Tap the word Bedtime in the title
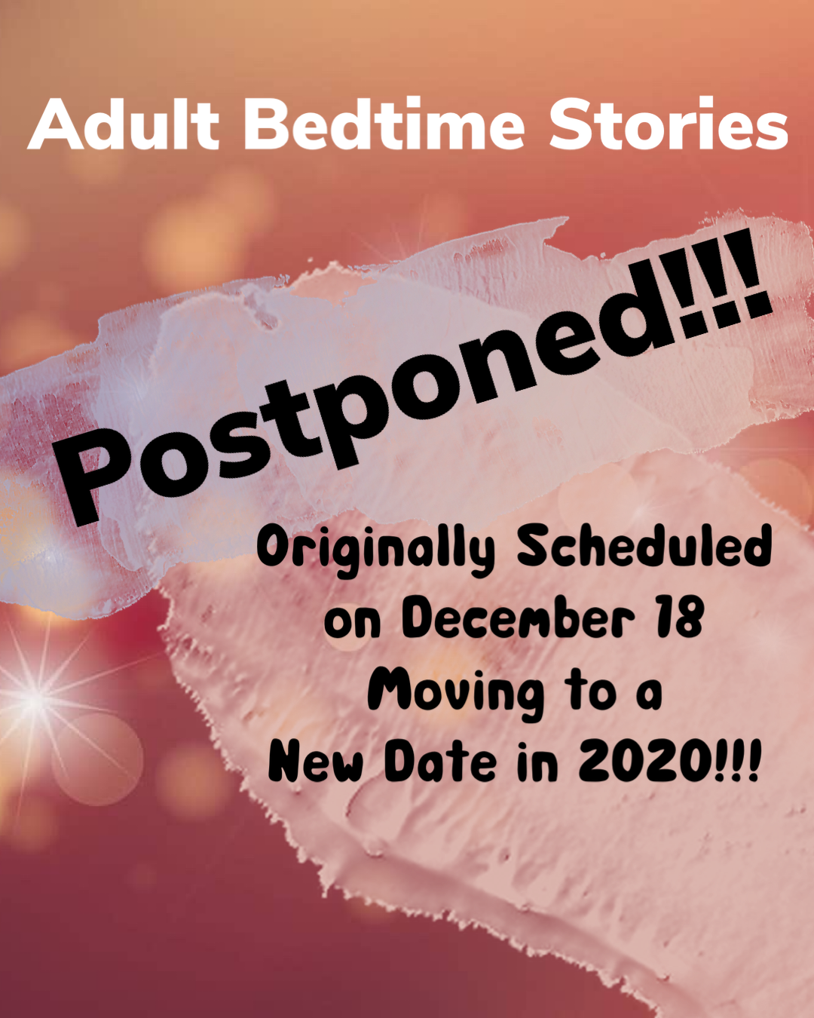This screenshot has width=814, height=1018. [x=384, y=124]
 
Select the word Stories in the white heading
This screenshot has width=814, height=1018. [x=668, y=124]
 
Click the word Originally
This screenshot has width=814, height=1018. [x=377, y=551]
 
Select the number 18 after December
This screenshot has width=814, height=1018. [x=679, y=618]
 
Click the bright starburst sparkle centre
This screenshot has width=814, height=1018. [x=37, y=699]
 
